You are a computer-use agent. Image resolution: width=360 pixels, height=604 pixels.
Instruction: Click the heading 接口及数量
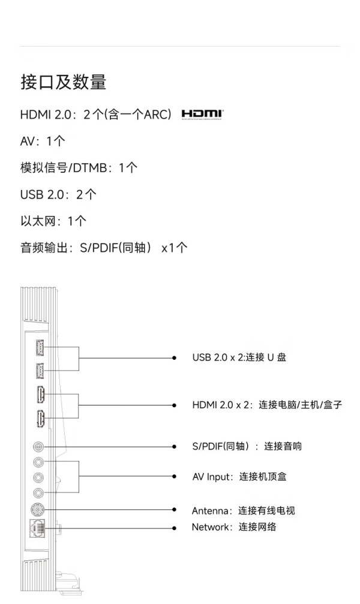(64, 82)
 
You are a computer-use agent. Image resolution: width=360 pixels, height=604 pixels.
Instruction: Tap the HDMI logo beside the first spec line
(202, 115)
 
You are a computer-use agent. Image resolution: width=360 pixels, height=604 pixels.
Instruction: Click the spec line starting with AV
(43, 141)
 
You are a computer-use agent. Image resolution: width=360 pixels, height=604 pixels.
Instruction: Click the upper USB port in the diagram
(40, 347)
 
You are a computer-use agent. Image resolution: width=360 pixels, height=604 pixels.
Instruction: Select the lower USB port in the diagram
(40, 371)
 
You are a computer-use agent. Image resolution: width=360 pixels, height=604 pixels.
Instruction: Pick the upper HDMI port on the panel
(40, 395)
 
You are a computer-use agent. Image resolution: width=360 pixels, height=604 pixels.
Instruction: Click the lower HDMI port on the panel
(40, 419)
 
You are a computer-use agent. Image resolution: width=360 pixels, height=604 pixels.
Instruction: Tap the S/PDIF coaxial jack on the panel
(38, 446)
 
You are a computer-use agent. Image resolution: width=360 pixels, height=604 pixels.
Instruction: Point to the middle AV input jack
(38, 477)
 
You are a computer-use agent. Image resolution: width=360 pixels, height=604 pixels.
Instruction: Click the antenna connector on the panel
(37, 510)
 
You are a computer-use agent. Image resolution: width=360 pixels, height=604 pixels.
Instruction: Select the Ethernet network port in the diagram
(37, 528)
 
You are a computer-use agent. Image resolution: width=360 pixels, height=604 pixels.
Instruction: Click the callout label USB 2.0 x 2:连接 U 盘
(239, 357)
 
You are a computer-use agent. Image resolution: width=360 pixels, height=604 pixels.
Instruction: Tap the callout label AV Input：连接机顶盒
(239, 477)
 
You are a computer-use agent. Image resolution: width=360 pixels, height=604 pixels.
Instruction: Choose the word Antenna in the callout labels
(209, 511)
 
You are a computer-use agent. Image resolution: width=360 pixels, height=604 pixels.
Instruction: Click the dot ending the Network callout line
(174, 528)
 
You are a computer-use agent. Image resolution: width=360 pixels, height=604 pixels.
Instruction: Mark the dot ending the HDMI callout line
(174, 405)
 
